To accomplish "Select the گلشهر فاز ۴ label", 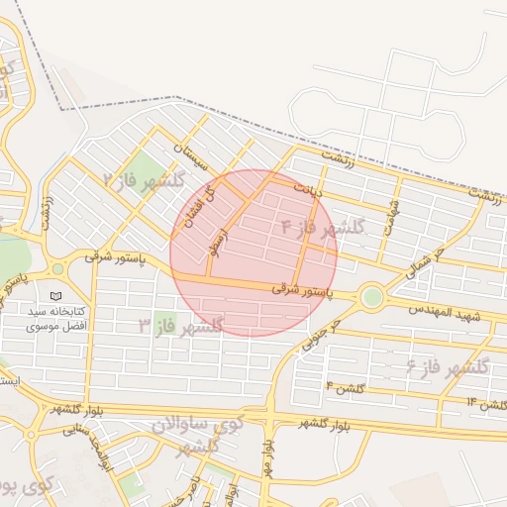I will [x=323, y=227].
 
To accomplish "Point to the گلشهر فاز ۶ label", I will [x=448, y=366].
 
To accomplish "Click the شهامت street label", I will [x=396, y=212].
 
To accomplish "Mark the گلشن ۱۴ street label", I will [x=485, y=404].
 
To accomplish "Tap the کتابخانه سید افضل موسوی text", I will [x=56, y=318].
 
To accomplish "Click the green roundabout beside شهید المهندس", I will [x=372, y=296].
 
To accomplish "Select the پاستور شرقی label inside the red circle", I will [x=302, y=290].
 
